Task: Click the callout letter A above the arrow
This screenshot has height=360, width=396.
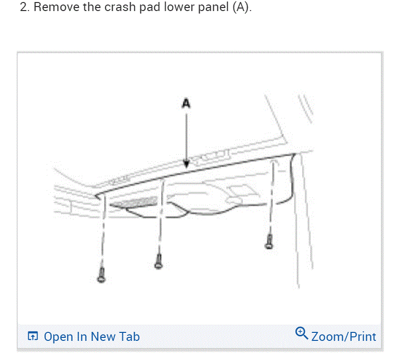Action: click(186, 104)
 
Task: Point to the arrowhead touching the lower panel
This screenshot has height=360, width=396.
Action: click(186, 164)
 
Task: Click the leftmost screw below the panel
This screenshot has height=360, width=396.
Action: click(101, 274)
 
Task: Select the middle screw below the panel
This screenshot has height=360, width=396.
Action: click(159, 261)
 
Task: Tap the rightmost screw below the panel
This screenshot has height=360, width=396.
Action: click(269, 241)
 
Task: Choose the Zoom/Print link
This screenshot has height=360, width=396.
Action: click(343, 336)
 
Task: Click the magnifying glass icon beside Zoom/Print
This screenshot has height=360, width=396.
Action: click(301, 332)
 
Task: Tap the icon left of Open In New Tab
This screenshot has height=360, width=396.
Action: click(33, 336)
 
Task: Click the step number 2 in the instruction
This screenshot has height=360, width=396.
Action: click(23, 9)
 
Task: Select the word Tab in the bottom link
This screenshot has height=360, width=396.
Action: click(129, 336)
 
